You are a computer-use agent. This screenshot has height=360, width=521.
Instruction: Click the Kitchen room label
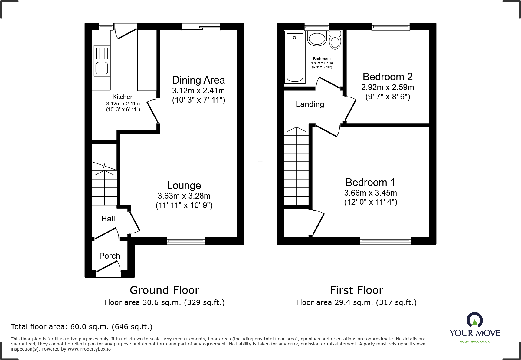coord(123,97)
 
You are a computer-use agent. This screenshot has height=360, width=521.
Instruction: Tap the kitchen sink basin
coord(102,68)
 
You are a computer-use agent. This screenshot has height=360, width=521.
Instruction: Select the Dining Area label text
coord(198,80)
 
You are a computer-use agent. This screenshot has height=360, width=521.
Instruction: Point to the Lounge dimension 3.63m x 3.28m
coord(184,196)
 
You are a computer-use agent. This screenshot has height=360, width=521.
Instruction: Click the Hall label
coord(108,219)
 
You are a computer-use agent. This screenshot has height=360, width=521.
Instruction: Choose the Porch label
coord(110,256)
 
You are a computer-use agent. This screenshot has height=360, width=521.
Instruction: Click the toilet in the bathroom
coord(335,41)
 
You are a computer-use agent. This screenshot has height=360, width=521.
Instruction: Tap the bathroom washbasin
coord(317,39)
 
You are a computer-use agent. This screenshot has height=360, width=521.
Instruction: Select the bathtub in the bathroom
coord(295,58)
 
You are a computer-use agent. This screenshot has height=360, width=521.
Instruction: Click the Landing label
coord(310,104)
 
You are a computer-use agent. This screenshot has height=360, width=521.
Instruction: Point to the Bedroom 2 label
coord(388,77)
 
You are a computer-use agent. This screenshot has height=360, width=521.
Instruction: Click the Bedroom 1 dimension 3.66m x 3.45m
coord(370,193)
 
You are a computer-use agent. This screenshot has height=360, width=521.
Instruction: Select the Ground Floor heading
coord(164,290)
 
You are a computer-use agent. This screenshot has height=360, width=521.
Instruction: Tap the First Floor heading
coord(356,290)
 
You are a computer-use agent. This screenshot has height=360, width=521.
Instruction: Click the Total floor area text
coord(82,327)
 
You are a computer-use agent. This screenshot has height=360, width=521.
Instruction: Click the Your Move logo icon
coord(474,320)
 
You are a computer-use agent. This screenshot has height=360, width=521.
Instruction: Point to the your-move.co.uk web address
coord(475,342)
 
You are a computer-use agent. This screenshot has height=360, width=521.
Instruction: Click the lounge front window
coord(186,241)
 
